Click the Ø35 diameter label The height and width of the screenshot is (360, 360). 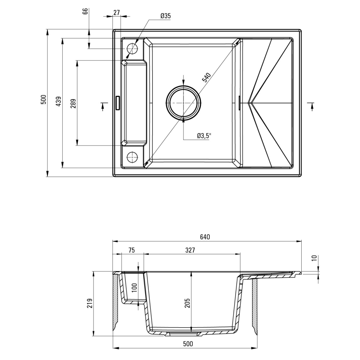click(165, 16)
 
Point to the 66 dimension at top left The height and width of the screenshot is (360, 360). click(85, 11)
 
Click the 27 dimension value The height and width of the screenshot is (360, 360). click(116, 13)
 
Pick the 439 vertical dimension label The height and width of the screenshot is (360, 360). click(59, 101)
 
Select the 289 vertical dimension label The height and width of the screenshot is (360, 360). click(73, 103)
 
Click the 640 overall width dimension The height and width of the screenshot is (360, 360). click(205, 237)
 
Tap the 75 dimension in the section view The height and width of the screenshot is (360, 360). click(131, 250)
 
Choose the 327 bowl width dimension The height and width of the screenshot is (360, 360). click(190, 250)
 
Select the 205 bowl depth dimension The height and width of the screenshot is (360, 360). click(187, 303)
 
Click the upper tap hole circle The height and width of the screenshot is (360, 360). click(132, 48)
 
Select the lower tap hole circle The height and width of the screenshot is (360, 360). click(132, 156)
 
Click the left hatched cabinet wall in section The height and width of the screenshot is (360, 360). click(115, 302)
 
